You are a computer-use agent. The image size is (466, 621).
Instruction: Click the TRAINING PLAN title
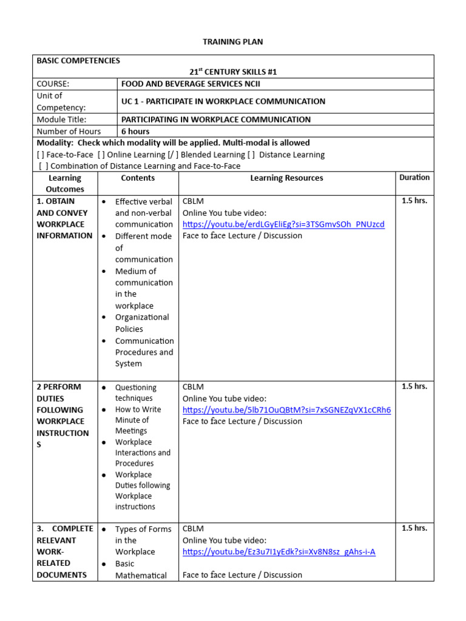[233, 42]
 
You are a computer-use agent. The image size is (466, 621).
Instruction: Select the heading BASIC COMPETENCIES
[78, 61]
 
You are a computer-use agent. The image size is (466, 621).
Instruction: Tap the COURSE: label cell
[53, 84]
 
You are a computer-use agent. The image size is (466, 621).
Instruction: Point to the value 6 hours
[135, 131]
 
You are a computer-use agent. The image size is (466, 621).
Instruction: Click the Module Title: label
[61, 119]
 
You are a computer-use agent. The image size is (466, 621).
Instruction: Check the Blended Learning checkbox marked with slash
[172, 155]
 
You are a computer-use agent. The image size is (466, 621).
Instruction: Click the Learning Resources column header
[286, 178]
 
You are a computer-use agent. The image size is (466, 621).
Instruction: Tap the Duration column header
[414, 177]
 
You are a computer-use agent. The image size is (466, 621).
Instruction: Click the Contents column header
[138, 178]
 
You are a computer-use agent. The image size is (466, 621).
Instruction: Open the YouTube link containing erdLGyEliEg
[283, 224]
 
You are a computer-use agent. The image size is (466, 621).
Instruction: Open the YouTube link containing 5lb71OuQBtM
[286, 410]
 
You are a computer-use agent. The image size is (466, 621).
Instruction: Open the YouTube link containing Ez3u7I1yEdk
[279, 552]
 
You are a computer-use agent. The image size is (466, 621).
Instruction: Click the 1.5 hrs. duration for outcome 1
[414, 201]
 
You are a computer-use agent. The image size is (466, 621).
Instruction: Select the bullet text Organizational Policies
[142, 323]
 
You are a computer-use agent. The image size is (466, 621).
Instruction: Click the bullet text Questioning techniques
[136, 393]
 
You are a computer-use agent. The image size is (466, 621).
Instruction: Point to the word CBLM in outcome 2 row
[193, 387]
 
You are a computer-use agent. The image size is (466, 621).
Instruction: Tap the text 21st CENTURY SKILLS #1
[233, 72]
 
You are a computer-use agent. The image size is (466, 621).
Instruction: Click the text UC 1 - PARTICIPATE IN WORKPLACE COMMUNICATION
[223, 101]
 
